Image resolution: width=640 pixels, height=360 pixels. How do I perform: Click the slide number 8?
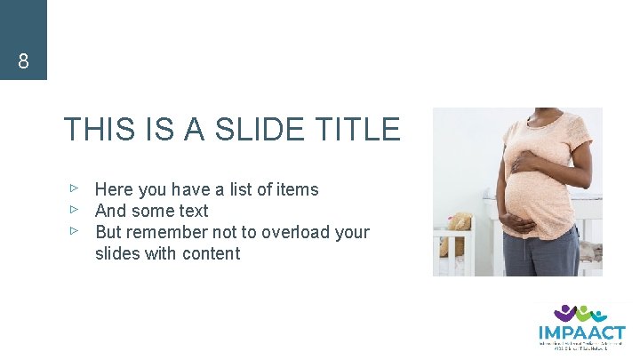(23, 62)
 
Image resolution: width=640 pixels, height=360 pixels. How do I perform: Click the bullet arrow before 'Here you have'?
(76, 188)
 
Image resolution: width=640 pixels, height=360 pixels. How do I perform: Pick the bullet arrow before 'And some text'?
(76, 210)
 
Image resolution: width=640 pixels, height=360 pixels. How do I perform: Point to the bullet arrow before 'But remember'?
(76, 231)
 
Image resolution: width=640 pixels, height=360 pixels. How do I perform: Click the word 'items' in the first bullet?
(298, 189)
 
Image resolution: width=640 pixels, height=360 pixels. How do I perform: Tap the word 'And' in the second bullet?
(110, 211)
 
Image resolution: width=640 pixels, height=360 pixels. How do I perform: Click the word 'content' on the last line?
(212, 253)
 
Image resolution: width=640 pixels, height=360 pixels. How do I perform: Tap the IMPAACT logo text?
(581, 332)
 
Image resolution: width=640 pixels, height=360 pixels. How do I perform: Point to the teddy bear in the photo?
(459, 227)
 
